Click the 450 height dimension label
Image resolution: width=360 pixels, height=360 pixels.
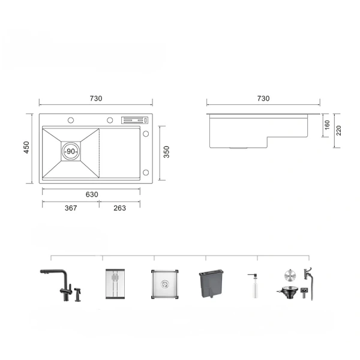pos(26,148)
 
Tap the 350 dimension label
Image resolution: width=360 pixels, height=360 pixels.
pos(166,152)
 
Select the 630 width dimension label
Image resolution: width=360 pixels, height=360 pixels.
pos(92,194)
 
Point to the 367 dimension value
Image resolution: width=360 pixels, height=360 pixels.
pos(71,208)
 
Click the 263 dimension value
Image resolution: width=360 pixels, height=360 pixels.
pos(119,208)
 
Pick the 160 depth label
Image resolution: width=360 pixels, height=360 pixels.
pos(327,125)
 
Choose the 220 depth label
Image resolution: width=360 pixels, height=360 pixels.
pos(338,130)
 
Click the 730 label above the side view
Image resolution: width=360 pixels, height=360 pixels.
pos(263,98)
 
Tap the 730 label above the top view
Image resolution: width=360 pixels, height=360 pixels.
pos(96,98)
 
